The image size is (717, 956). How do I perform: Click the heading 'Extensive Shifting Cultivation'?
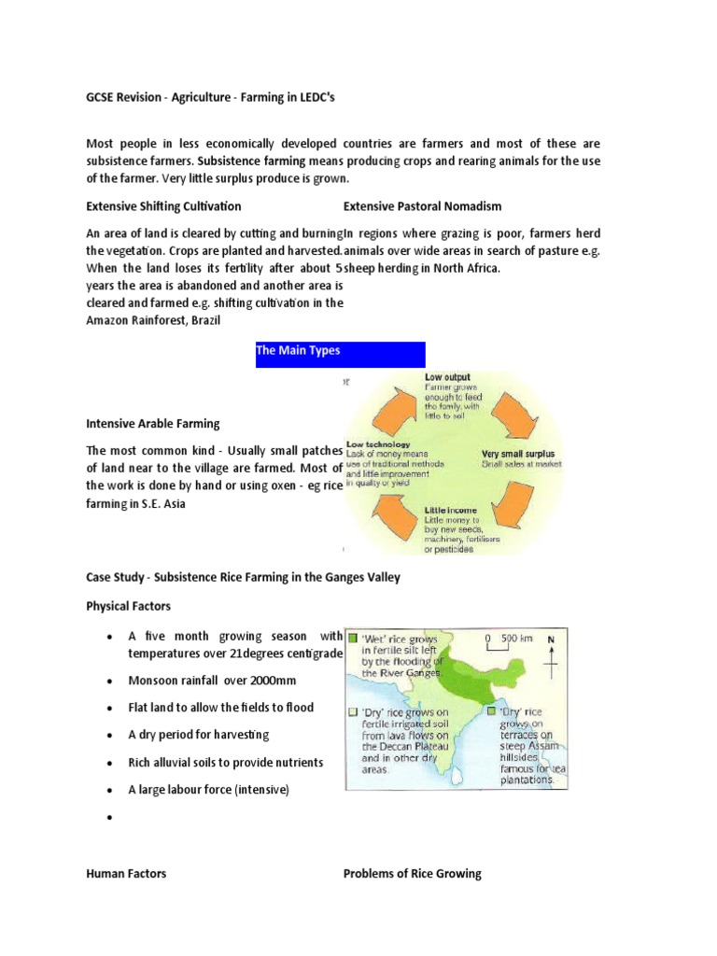pyautogui.click(x=163, y=206)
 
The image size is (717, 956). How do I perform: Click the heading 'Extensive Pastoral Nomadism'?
pyautogui.click(x=422, y=206)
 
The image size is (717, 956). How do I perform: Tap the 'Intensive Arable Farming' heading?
pyautogui.click(x=153, y=423)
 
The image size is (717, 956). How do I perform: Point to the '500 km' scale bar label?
pyautogui.click(x=508, y=639)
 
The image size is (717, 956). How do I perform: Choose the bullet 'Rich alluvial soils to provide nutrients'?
pyautogui.click(x=225, y=763)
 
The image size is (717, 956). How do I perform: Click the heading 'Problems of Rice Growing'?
pyautogui.click(x=412, y=874)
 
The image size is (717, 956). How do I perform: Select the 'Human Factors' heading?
pyautogui.click(x=126, y=874)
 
